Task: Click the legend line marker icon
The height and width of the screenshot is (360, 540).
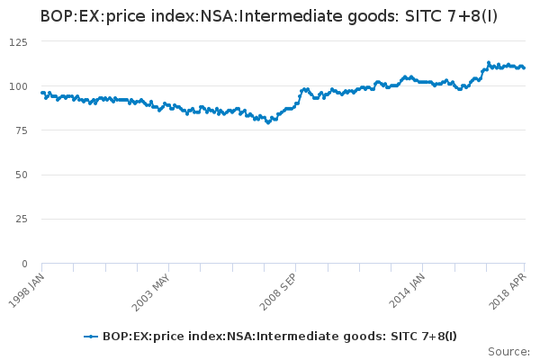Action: (91, 337)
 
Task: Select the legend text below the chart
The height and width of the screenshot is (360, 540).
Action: (280, 337)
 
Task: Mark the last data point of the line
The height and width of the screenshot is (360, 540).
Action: (524, 67)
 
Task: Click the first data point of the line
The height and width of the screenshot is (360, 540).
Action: (41, 93)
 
